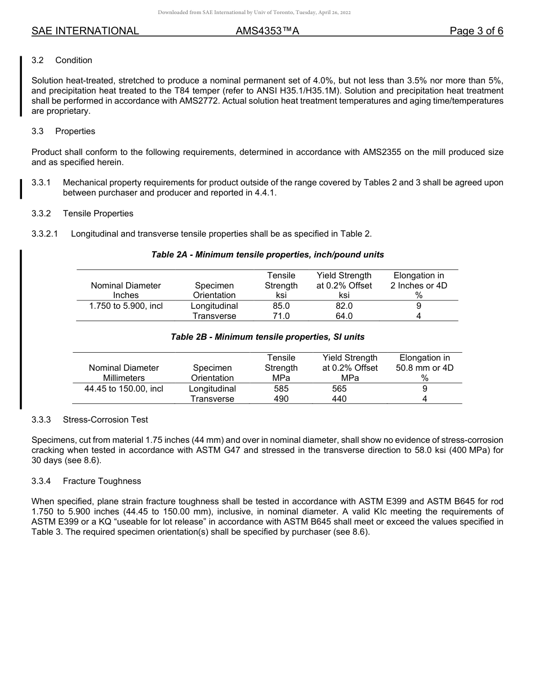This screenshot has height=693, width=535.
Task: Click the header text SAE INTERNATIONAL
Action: click(x=85, y=31)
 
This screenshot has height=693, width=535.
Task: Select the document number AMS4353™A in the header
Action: click(x=267, y=31)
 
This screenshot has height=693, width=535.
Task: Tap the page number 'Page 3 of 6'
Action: click(x=476, y=31)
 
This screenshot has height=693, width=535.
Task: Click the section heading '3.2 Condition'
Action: click(x=62, y=60)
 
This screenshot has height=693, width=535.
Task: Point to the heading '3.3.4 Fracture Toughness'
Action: click(x=87, y=481)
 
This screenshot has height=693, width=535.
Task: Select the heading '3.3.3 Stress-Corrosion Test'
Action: click(x=90, y=420)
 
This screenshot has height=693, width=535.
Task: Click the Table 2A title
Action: click(x=267, y=255)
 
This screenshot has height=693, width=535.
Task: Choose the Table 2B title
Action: click(x=267, y=337)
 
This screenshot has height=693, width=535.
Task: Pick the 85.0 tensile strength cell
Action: click(x=281, y=306)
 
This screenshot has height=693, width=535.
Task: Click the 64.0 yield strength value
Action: click(x=344, y=316)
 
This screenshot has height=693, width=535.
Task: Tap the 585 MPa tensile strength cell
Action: click(x=281, y=389)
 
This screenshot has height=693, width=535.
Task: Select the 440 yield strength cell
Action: click(x=340, y=399)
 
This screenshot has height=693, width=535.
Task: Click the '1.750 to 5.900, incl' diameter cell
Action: click(x=126, y=306)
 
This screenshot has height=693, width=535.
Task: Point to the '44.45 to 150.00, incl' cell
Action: click(x=123, y=389)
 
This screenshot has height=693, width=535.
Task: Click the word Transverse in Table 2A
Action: click(x=214, y=316)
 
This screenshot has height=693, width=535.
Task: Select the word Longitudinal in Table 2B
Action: click(x=212, y=389)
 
